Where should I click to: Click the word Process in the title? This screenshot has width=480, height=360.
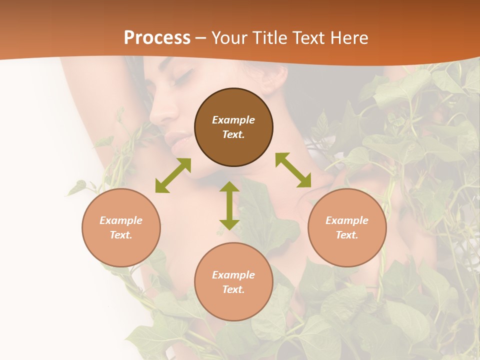tap(157, 38)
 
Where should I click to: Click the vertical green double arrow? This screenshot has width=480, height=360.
tap(229, 206)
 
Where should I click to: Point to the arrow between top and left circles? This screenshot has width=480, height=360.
tap(173, 175)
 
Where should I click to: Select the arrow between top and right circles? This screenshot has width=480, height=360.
tap(293, 170)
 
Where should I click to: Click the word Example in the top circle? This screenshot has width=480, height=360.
tap(233, 120)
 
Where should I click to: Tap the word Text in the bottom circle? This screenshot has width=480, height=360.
tap(233, 289)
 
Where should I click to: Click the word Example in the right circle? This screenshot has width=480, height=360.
tap(347, 220)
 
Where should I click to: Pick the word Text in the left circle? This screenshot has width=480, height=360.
tap(121, 235)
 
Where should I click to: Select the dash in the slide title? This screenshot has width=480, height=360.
tap(201, 38)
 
